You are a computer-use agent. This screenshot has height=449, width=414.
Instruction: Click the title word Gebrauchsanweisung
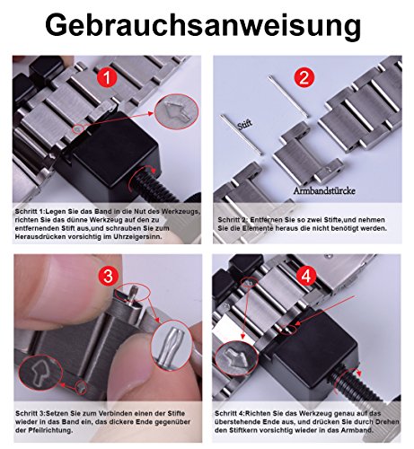point(203,26)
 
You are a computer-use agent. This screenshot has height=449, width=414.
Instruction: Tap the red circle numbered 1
point(107,78)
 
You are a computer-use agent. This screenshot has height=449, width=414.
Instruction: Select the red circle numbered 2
point(304,78)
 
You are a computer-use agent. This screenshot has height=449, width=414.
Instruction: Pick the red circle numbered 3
point(108,276)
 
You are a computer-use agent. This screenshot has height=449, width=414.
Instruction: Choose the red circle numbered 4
point(306,276)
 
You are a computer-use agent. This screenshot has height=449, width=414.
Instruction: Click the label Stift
point(245,125)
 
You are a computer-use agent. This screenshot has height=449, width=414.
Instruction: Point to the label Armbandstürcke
point(324,190)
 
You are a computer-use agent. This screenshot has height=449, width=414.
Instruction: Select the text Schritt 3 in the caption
point(31,414)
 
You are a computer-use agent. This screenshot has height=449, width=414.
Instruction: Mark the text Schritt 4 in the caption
point(229,414)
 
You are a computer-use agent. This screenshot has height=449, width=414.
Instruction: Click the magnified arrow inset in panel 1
point(177,111)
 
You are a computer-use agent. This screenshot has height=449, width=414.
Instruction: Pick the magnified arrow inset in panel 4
point(237,357)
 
